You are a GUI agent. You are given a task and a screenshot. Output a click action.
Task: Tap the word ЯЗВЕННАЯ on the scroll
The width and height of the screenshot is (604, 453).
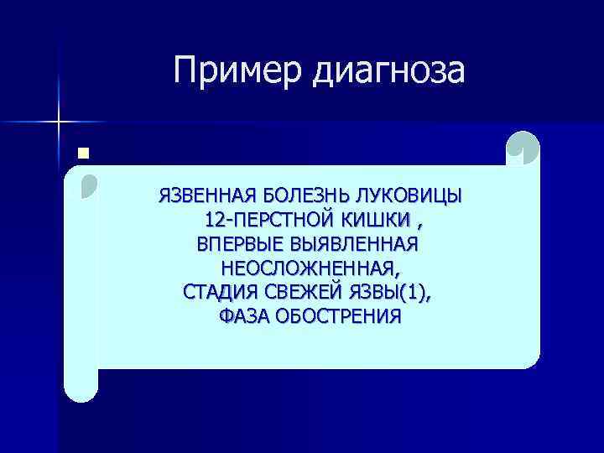click(x=206, y=197)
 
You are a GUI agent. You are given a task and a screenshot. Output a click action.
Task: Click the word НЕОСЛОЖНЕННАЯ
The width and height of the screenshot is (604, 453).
click(x=310, y=269)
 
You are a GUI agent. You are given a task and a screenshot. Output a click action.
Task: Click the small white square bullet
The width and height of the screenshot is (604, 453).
click(x=81, y=153)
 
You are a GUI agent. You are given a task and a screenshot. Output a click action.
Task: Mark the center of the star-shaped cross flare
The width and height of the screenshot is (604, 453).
click(x=60, y=122)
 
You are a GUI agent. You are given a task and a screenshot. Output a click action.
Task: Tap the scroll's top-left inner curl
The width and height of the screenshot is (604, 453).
click(x=89, y=185)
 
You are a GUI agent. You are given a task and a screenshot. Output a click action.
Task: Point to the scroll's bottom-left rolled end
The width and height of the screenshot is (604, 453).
click(x=82, y=382)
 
